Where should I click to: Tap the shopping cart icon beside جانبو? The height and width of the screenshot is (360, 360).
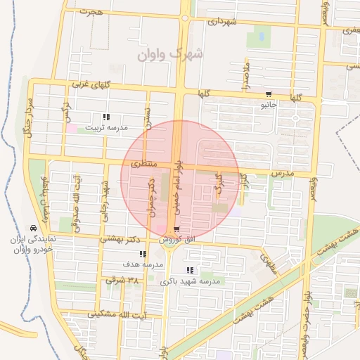pos(268,95)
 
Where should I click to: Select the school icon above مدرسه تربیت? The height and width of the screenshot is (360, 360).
pos(105,117)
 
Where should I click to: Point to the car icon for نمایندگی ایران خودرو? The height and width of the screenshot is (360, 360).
pos(33,228)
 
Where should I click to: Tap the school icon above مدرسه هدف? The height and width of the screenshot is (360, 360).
pos(143,254)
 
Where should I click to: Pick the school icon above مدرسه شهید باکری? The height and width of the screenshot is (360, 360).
pos(189,270)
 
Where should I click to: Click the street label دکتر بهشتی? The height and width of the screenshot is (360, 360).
pos(117,238)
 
